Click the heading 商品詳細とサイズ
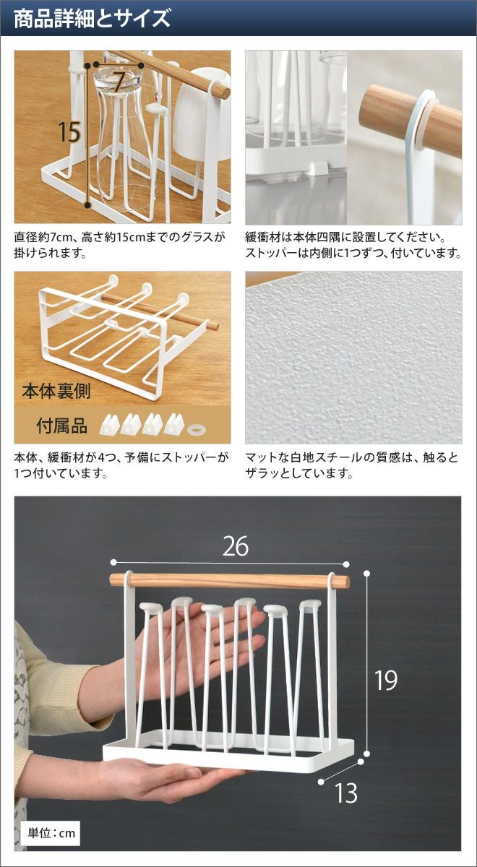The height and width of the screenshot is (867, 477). point(92,18)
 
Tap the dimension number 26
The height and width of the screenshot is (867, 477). point(235,546)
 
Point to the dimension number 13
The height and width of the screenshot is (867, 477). point(346,793)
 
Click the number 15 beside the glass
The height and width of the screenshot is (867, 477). point(69,131)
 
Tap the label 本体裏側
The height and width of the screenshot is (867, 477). point(56,391)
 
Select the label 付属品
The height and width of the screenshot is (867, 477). point(61,426)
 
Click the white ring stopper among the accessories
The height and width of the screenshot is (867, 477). point(197,429)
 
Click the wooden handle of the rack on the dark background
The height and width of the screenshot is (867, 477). point(230,581)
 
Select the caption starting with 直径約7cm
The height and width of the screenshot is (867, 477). point(119,245)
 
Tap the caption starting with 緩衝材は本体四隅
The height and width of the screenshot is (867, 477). point(353,245)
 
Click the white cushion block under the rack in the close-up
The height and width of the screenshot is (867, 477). point(316,169)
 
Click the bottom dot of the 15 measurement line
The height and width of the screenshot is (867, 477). point(88,204)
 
